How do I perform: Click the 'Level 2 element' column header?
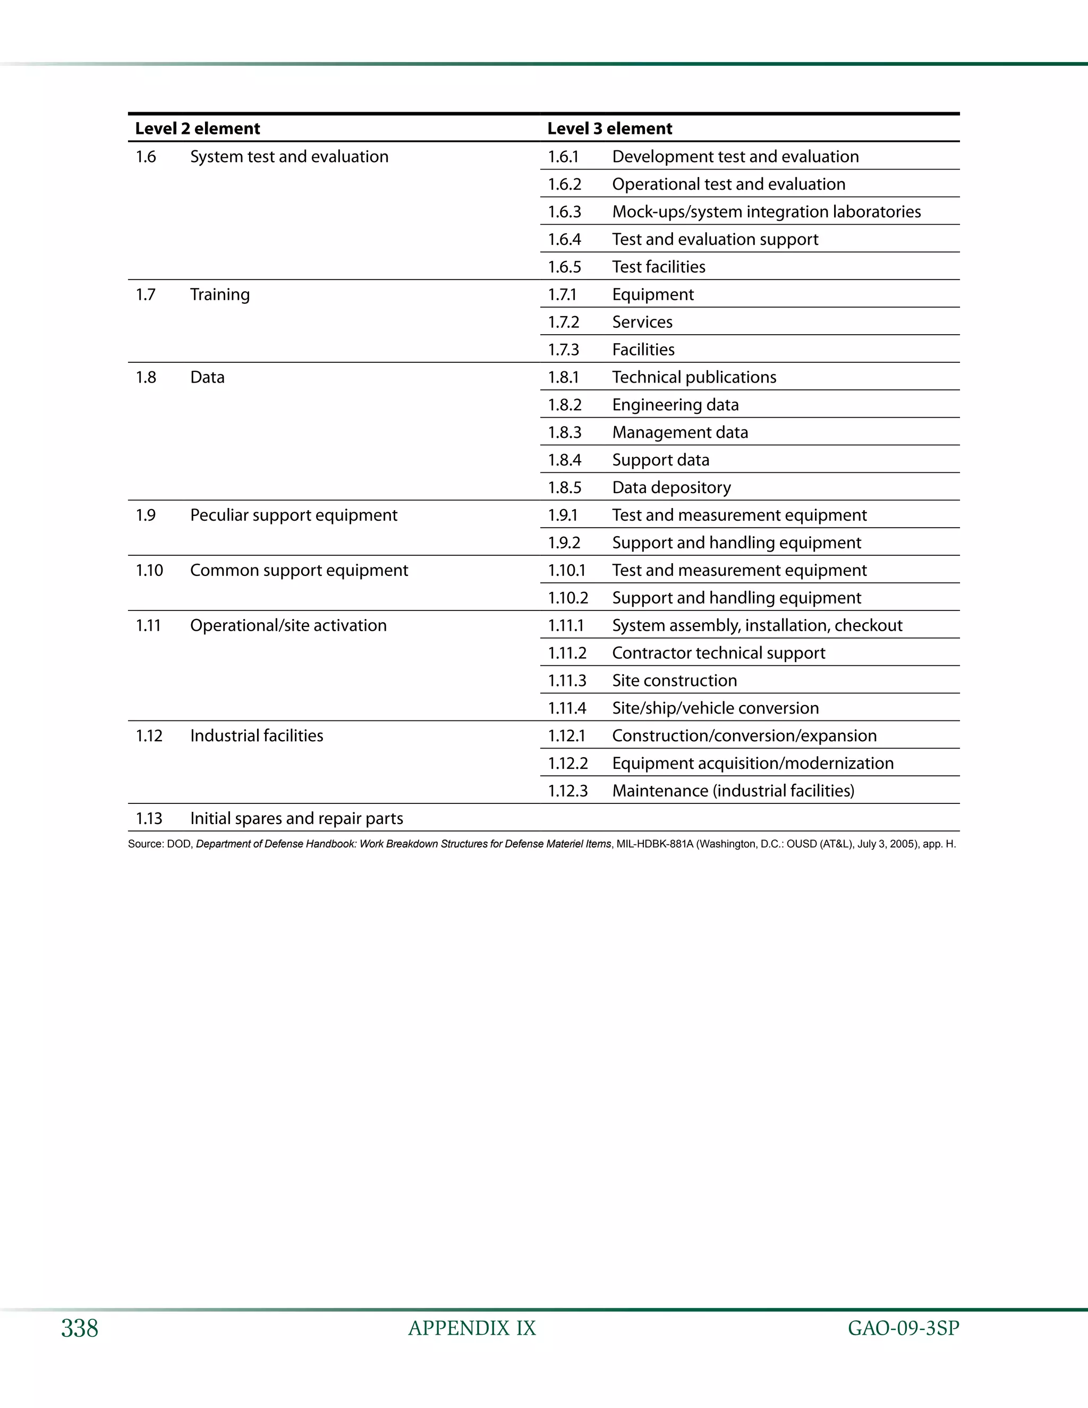click(197, 128)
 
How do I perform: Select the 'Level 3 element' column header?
click(609, 128)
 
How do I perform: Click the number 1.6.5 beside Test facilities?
click(564, 267)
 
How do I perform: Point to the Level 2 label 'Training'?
click(219, 295)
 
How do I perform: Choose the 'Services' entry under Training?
click(642, 321)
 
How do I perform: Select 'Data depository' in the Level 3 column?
click(671, 487)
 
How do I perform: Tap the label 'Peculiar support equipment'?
click(293, 515)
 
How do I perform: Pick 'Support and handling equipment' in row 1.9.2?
click(736, 543)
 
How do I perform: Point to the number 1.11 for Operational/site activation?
click(148, 625)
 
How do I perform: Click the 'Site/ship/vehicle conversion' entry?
click(715, 708)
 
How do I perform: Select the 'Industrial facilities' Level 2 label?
click(256, 735)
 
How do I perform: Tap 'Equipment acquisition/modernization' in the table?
click(752, 764)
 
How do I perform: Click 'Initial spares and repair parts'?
click(296, 818)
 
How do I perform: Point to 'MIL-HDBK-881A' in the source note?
click(653, 844)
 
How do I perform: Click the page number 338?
click(79, 1328)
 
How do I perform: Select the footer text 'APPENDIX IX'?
click(472, 1328)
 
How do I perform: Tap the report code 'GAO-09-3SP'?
click(903, 1328)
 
